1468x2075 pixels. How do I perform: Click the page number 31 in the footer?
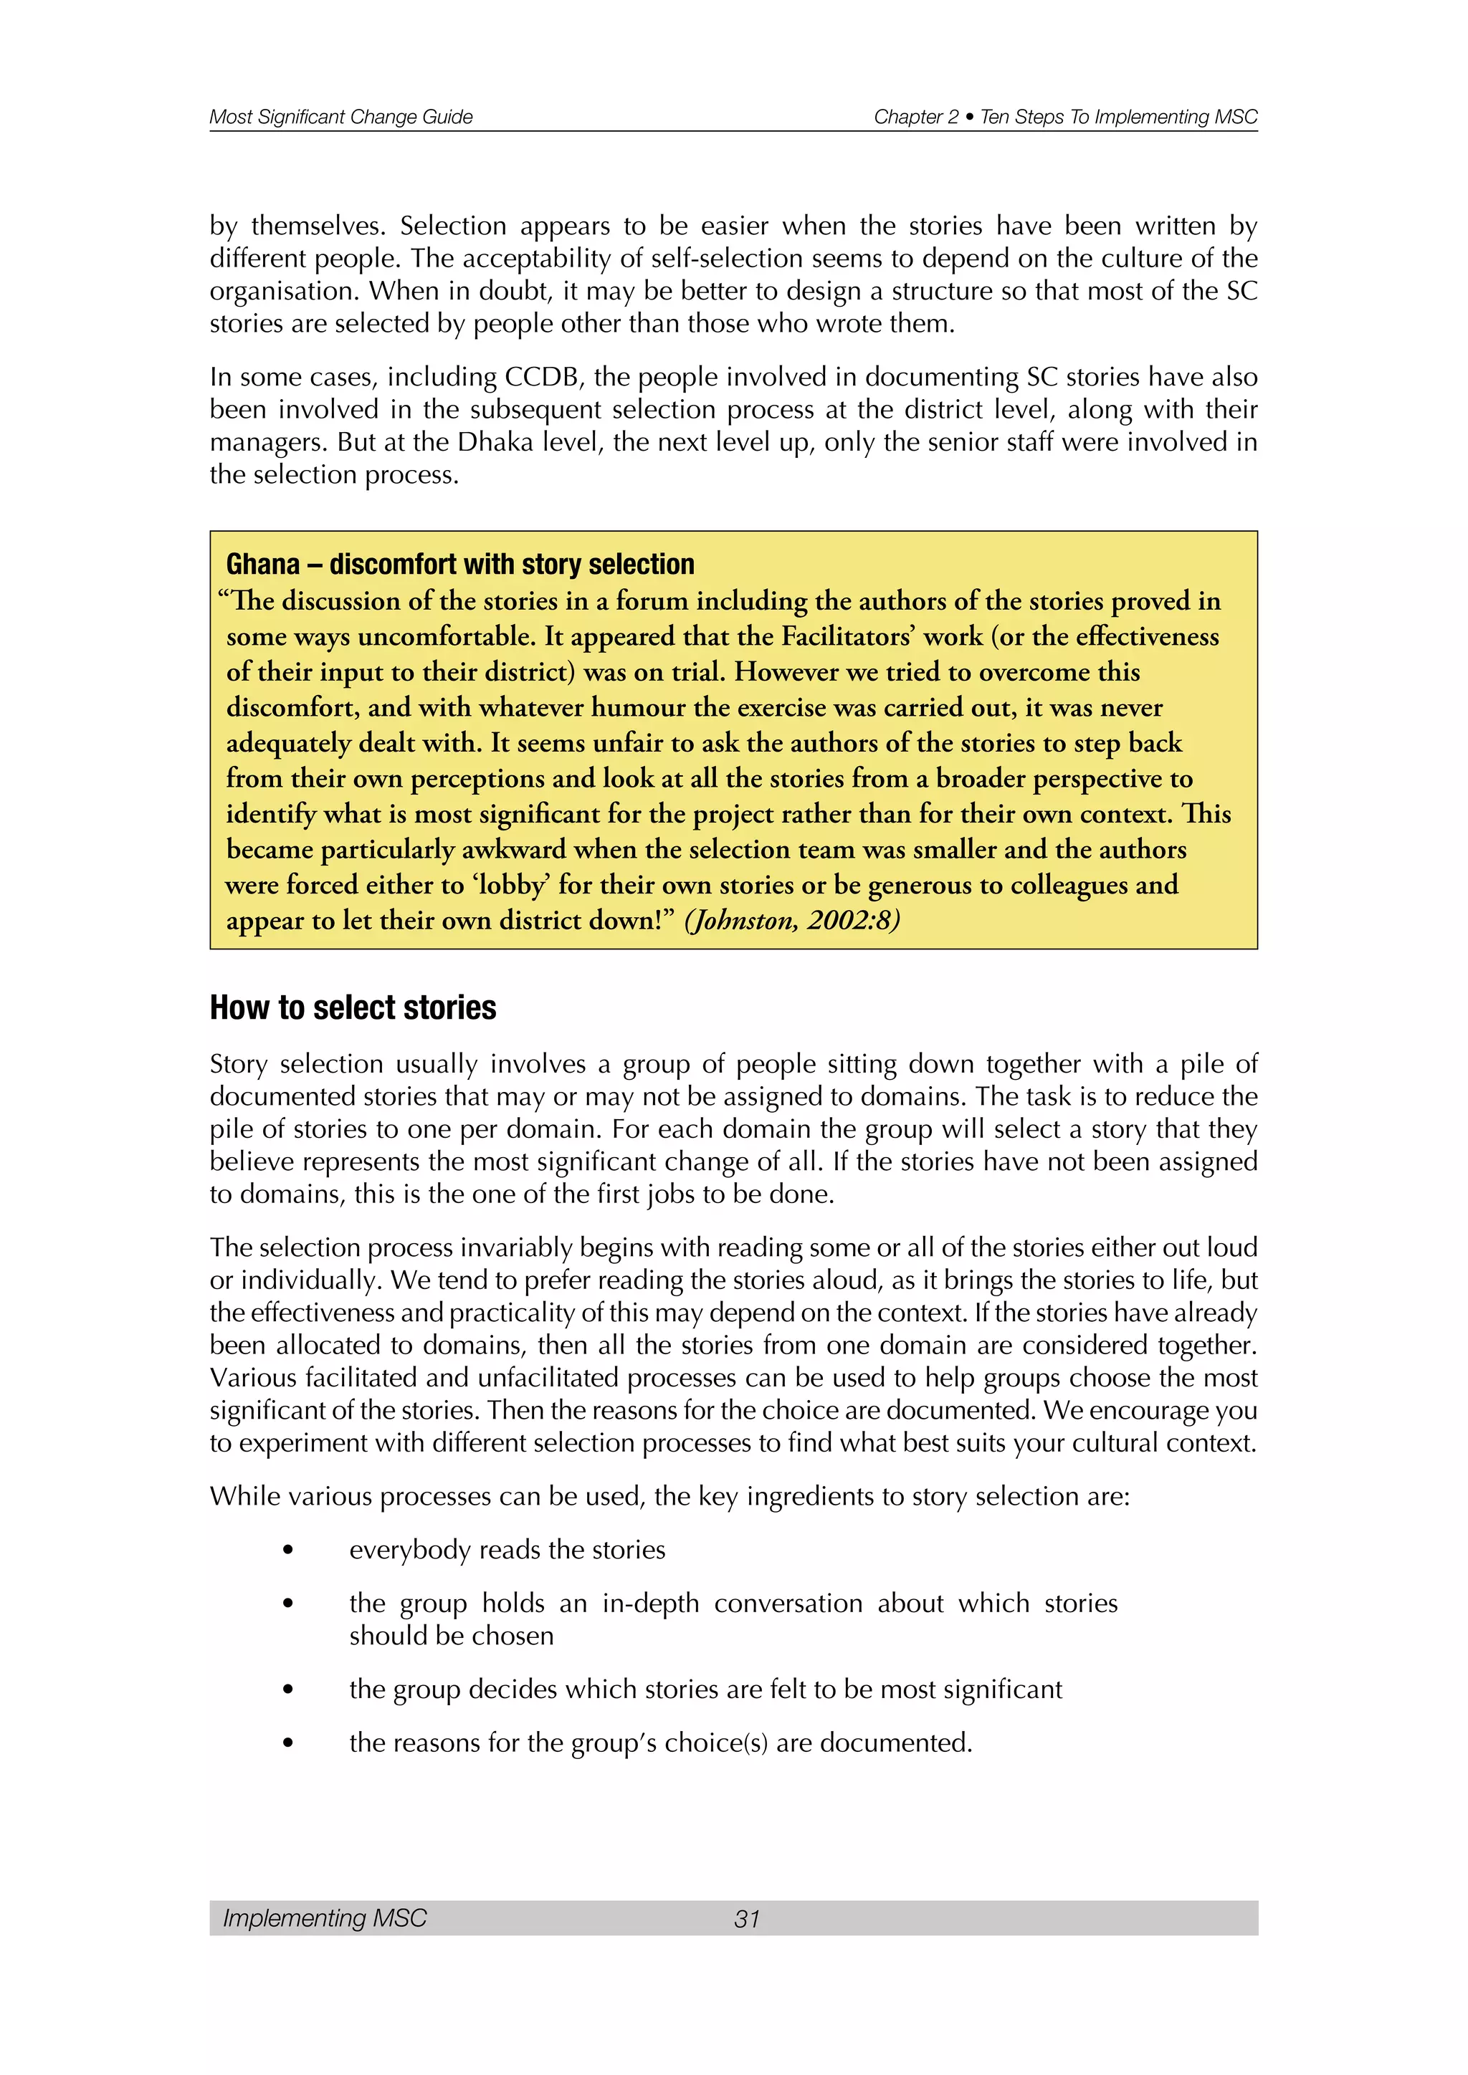pyautogui.click(x=747, y=1919)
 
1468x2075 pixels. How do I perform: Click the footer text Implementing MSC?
pyautogui.click(x=325, y=1918)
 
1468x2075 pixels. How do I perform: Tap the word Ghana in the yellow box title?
pyautogui.click(x=262, y=564)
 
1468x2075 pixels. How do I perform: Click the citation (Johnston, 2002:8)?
pyautogui.click(x=792, y=920)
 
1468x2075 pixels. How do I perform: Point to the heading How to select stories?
pyautogui.click(x=353, y=1007)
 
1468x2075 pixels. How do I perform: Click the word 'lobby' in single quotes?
pyautogui.click(x=511, y=885)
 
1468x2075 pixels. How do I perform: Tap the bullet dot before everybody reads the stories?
pyautogui.click(x=288, y=1551)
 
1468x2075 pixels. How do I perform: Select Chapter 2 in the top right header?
pyautogui.click(x=915, y=117)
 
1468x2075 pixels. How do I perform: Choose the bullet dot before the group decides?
pyautogui.click(x=288, y=1690)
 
